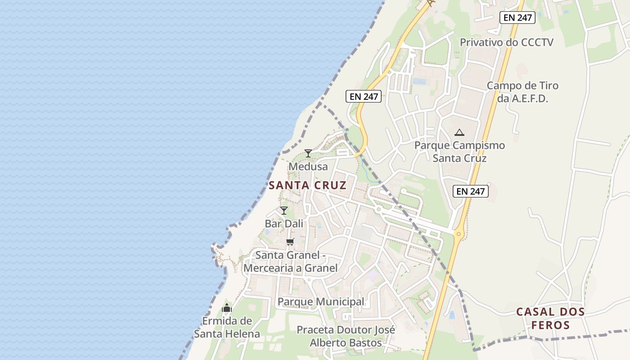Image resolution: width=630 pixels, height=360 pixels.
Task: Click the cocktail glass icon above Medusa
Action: click(308, 153)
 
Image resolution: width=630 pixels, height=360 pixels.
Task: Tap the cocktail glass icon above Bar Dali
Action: click(284, 210)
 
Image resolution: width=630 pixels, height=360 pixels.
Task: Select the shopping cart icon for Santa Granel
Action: click(290, 242)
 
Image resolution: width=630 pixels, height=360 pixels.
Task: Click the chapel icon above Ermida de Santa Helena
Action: click(227, 308)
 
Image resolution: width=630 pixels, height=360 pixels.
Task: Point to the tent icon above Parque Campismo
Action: click(459, 132)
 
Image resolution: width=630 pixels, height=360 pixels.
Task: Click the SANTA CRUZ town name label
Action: click(308, 185)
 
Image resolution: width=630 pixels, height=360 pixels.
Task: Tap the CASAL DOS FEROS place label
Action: click(550, 318)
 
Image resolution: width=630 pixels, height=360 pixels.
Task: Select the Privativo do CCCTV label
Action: click(506, 42)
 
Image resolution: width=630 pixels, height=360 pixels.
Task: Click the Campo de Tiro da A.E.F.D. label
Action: click(522, 92)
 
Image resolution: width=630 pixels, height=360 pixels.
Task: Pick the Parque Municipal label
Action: click(321, 301)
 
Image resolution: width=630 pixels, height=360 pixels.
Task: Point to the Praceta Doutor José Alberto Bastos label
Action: click(346, 336)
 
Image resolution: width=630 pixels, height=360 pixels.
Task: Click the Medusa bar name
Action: click(308, 166)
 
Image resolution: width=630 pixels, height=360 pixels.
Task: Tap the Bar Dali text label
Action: click(284, 224)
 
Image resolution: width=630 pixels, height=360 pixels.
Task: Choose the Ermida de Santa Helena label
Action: click(227, 327)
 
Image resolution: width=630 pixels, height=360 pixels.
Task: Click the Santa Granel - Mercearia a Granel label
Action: click(290, 261)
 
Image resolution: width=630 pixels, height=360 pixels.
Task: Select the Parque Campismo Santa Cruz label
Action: click(459, 152)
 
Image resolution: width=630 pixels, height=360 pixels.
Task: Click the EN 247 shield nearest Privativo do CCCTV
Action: click(517, 18)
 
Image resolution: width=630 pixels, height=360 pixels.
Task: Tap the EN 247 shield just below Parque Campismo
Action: click(471, 191)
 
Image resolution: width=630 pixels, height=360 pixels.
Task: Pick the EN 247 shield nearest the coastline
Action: click(364, 96)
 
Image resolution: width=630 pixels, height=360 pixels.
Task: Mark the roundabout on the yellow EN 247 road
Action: click(459, 234)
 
